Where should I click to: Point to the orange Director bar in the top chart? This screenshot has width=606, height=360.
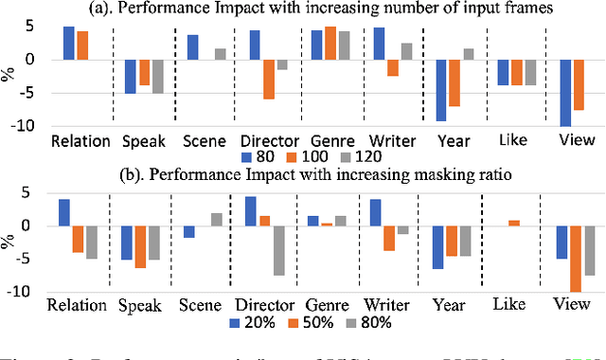point(268,80)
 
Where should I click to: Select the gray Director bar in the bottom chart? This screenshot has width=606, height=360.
point(280,250)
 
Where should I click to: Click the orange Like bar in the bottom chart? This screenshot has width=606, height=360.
point(514,223)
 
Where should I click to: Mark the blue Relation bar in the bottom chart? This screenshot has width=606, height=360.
point(63,212)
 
